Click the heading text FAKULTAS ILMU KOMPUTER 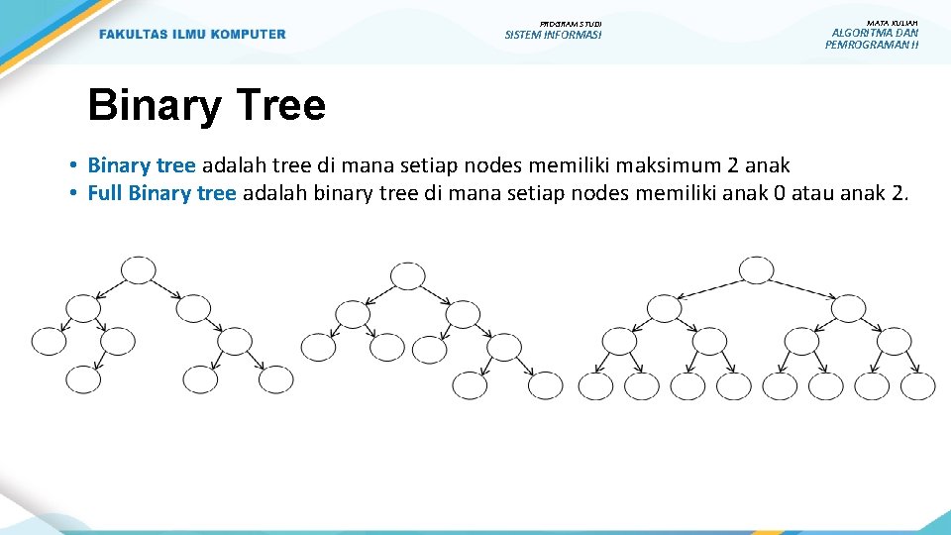pyautogui.click(x=192, y=35)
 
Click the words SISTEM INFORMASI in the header pyautogui.click(x=553, y=36)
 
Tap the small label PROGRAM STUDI pyautogui.click(x=571, y=23)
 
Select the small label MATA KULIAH pyautogui.click(x=892, y=22)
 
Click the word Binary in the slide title pyautogui.click(x=153, y=105)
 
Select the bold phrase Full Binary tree pyautogui.click(x=161, y=192)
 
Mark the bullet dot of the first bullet pyautogui.click(x=75, y=166)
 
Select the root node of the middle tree pyautogui.click(x=407, y=276)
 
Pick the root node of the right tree pyautogui.click(x=756, y=269)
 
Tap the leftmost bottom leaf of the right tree pyautogui.click(x=596, y=385)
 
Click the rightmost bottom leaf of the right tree pyautogui.click(x=917, y=385)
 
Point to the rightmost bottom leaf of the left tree pyautogui.click(x=276, y=378)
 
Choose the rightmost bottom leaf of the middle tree pyautogui.click(x=545, y=385)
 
